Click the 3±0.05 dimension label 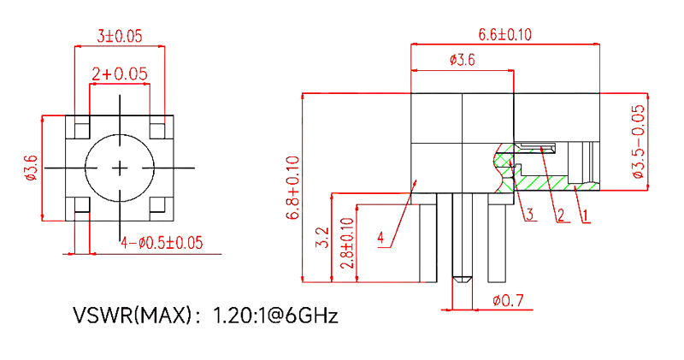tap(119, 36)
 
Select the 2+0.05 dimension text tap(120, 74)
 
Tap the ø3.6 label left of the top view tap(32, 168)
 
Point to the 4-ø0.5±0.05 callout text tap(162, 243)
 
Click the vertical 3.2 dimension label tap(322, 238)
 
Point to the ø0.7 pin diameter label tap(509, 301)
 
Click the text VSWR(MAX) tap(130, 316)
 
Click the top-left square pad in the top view tap(80, 130)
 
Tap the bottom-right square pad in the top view tap(159, 205)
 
